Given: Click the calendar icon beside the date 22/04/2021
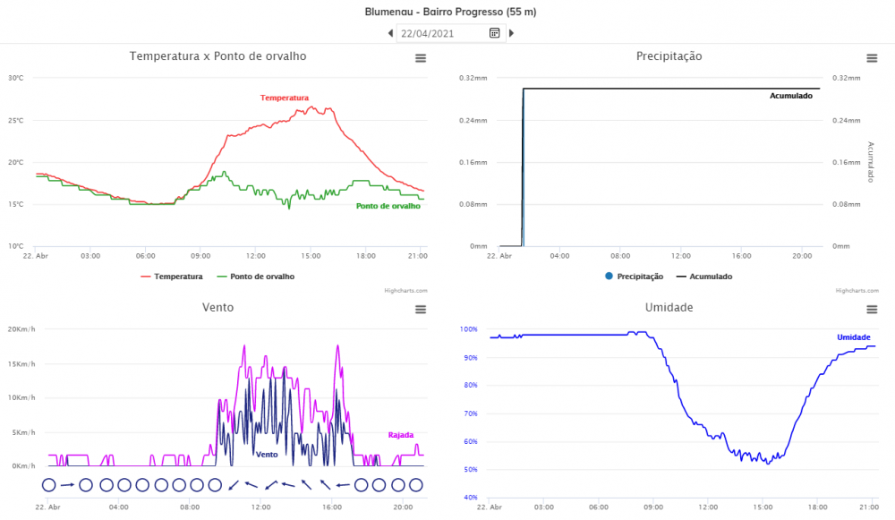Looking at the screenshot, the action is (x=494, y=33).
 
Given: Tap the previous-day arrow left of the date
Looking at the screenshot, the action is (x=390, y=33).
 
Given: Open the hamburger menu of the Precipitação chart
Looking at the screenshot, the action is (x=872, y=58).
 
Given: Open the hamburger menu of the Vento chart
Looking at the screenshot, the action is (x=421, y=310).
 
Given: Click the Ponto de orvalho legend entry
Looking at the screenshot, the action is (x=256, y=277).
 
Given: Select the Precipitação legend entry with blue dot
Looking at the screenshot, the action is (x=635, y=277).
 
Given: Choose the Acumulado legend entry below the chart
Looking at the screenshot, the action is (x=704, y=277).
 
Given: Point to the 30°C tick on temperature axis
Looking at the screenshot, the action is (x=16, y=78).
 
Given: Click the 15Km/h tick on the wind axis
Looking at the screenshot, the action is (x=21, y=363).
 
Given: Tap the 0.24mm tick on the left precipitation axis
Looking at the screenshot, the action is (x=473, y=121).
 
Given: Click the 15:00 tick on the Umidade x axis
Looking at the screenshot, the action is (x=763, y=507).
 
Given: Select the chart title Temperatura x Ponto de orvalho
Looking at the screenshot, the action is (x=218, y=56).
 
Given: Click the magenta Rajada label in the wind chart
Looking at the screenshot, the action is (x=401, y=435).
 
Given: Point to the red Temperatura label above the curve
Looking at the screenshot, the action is (x=285, y=98).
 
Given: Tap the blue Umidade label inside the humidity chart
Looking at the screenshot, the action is (x=853, y=337).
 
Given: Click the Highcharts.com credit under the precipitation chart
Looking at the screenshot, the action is (x=857, y=291).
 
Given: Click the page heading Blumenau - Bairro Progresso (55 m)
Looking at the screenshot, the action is (x=450, y=12).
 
